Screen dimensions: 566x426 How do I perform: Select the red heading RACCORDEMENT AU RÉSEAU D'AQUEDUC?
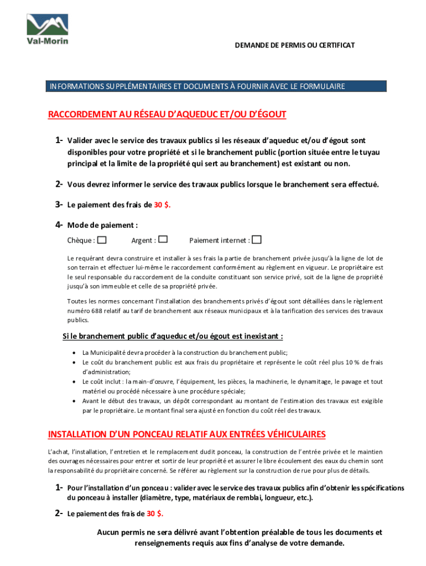click(167, 114)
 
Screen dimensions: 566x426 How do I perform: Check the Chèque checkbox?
click(102, 240)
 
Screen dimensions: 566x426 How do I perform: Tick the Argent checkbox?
click(163, 240)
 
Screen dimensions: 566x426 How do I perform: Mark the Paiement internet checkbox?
click(257, 240)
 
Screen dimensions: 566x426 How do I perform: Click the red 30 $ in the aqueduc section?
click(162, 205)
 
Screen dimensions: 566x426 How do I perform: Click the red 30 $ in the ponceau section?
click(155, 513)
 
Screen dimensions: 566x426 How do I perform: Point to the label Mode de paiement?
click(102, 225)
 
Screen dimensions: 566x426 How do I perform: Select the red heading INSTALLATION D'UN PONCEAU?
click(187, 434)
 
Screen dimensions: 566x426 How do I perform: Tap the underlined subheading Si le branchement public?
click(173, 336)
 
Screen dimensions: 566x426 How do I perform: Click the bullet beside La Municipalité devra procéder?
click(74, 353)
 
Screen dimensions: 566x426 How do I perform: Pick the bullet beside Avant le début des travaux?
click(74, 401)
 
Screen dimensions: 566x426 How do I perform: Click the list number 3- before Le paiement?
click(58, 205)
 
